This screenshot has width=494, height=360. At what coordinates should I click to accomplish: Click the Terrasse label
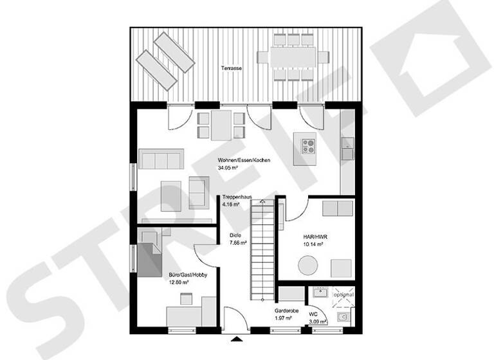tap(231, 67)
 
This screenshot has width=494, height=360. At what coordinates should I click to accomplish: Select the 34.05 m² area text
tap(229, 168)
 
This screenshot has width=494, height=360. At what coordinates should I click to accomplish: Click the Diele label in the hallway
tap(235, 235)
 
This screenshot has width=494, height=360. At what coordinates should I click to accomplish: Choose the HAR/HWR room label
tap(313, 237)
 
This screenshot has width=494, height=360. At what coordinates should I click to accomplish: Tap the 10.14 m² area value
tap(313, 245)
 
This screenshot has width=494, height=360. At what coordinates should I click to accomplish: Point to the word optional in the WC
tap(343, 295)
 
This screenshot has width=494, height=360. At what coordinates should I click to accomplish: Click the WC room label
tap(313, 314)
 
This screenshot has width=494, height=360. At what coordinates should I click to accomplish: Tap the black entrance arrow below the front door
tap(237, 337)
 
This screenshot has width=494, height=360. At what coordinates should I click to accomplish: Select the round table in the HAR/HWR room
tap(308, 265)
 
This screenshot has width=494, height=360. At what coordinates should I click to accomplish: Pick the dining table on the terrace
tap(289, 57)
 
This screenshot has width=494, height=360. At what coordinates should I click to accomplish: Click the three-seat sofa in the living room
tap(161, 159)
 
